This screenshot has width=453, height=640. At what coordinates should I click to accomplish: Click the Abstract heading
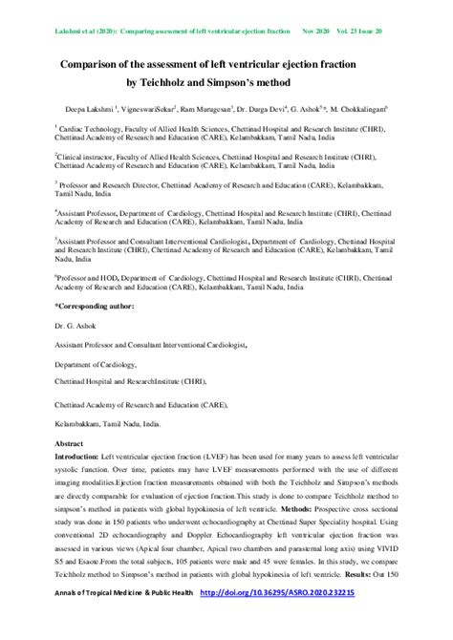[x=69, y=444]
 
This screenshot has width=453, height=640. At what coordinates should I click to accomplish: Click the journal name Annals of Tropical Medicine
[x=98, y=620]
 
